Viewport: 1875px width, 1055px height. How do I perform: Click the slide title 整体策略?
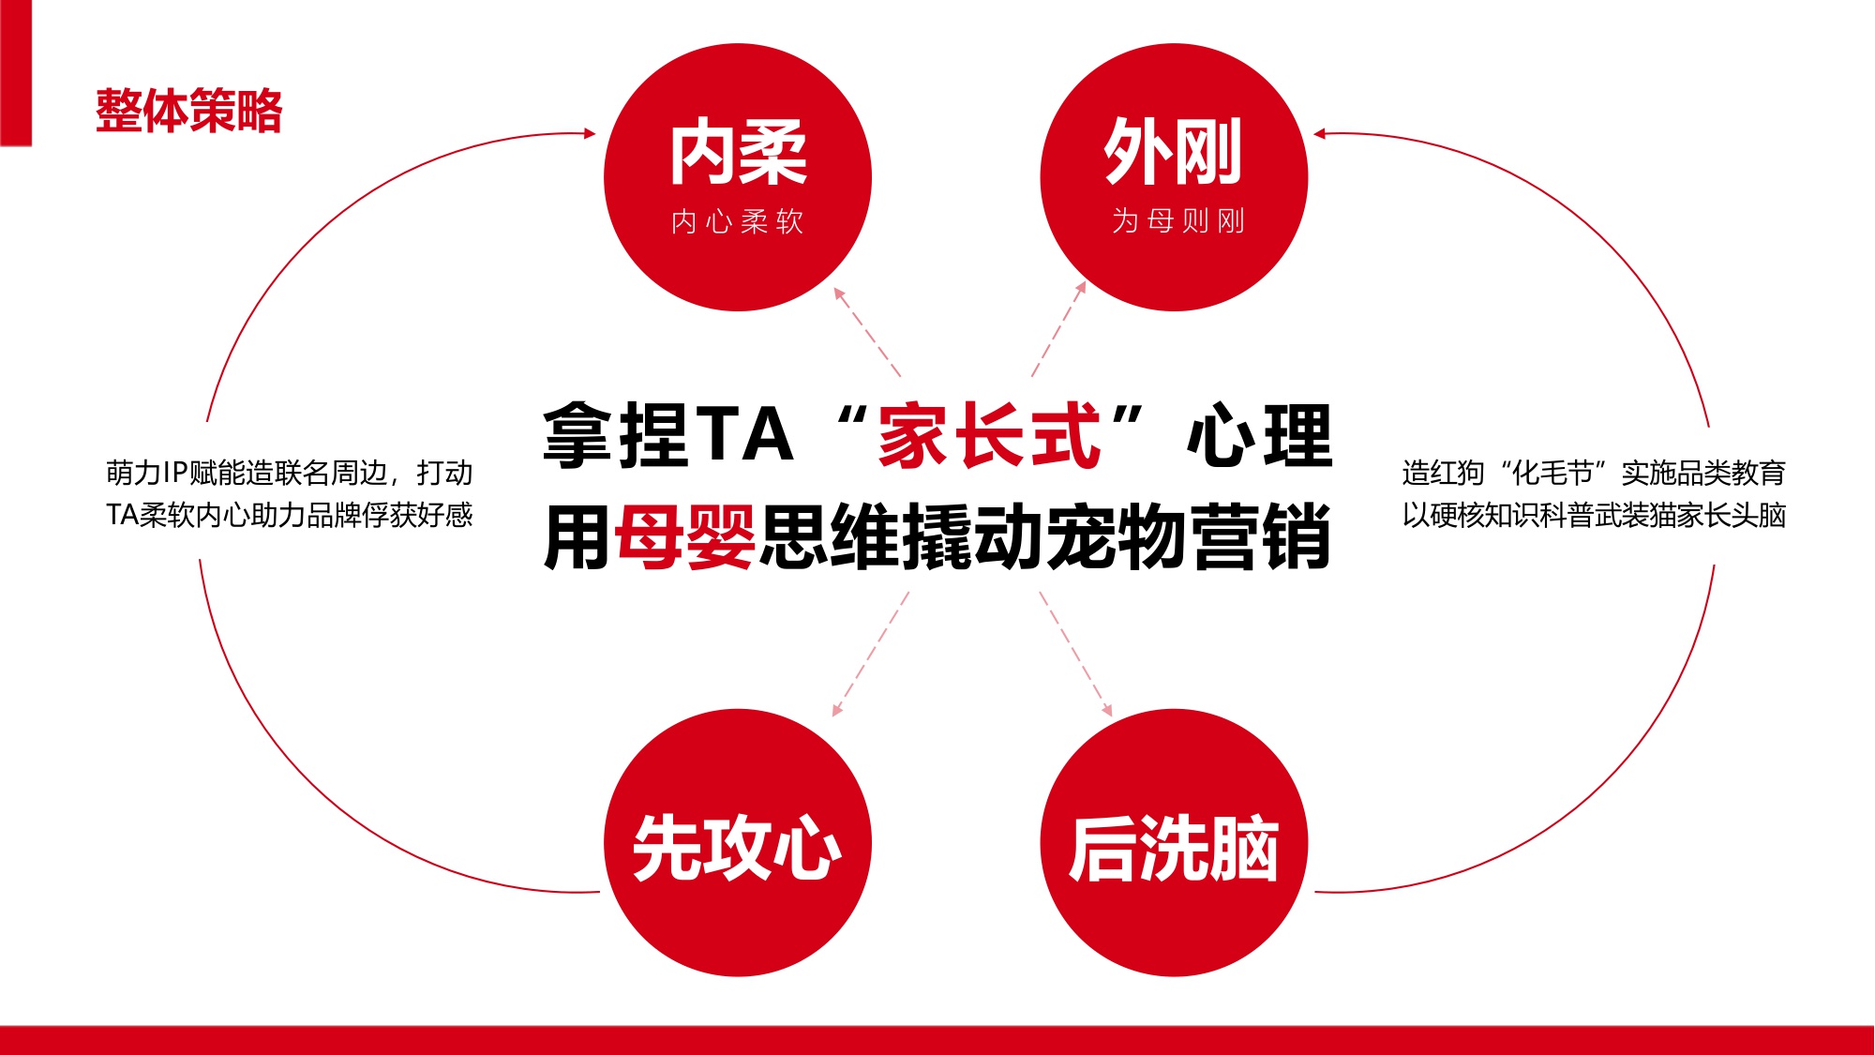click(188, 111)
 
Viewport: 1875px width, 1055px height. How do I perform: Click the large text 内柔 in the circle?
click(738, 153)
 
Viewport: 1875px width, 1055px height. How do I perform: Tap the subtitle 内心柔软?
click(738, 221)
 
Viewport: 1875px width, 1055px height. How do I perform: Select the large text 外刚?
click(1173, 152)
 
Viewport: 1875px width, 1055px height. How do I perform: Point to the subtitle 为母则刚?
click(1178, 221)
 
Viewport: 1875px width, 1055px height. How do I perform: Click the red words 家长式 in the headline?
click(989, 435)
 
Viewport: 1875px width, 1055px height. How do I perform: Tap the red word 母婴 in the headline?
click(685, 536)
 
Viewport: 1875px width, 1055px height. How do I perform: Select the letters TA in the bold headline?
click(745, 435)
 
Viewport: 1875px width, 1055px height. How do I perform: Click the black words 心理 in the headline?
click(1259, 435)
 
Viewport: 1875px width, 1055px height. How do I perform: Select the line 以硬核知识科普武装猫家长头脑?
click(1594, 515)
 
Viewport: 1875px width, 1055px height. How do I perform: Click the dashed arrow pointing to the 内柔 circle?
click(866, 332)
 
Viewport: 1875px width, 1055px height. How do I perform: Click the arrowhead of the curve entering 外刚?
click(1320, 134)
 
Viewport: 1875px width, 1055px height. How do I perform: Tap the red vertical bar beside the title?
click(16, 72)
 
